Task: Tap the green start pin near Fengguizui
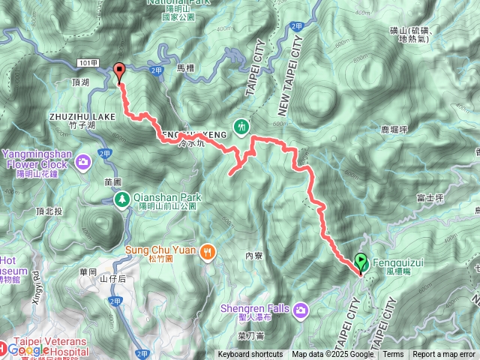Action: coord(361,262)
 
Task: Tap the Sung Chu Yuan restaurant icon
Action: coord(208,252)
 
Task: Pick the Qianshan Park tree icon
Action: coord(121,199)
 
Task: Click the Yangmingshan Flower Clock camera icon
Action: coord(84,160)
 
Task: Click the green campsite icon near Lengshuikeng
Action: coord(241,127)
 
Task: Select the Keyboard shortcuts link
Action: coord(250,355)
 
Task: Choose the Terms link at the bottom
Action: coord(393,355)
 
